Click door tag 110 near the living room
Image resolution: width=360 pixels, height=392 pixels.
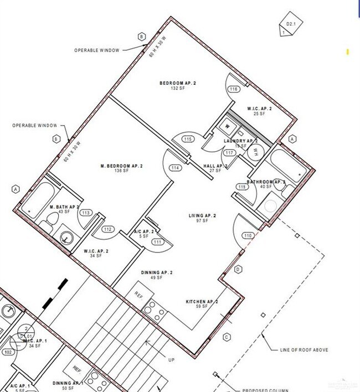[247, 235]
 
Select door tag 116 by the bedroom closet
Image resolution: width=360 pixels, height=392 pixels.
[234, 89]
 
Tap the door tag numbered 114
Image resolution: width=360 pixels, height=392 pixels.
[176, 168]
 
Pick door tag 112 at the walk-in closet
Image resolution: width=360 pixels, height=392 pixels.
[107, 229]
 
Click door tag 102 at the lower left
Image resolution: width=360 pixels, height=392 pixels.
[8, 352]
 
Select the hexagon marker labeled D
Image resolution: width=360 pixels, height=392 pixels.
[238, 269]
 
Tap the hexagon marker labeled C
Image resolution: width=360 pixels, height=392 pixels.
[227, 337]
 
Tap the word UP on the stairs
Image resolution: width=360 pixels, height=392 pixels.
[171, 360]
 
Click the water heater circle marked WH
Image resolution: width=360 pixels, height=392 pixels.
[256, 151]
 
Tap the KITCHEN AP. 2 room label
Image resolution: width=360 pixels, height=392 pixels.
[202, 302]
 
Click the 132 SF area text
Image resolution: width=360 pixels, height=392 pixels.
[178, 89]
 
